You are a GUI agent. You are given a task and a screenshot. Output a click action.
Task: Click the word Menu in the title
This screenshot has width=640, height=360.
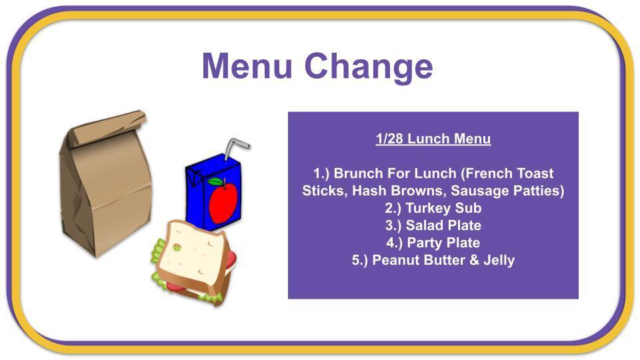[x=247, y=65]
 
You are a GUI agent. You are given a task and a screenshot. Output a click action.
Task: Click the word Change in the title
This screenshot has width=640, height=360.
[x=369, y=68]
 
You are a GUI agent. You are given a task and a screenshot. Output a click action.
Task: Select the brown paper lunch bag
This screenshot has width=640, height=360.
[x=105, y=184]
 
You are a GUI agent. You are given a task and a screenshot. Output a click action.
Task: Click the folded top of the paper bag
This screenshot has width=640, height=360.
[x=108, y=127]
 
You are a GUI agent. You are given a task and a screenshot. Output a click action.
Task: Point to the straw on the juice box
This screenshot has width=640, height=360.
[x=235, y=149]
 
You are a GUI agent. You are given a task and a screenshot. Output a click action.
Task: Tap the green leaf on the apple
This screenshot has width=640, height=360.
[x=215, y=181]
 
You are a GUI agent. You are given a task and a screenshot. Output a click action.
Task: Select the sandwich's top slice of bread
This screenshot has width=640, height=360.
[x=191, y=254]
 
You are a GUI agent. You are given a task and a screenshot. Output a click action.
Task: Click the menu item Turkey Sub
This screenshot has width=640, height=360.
[x=433, y=208]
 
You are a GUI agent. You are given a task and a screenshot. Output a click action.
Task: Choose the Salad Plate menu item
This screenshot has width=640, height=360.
[x=433, y=225]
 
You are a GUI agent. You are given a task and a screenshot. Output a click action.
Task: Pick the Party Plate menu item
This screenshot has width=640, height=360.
[x=433, y=243]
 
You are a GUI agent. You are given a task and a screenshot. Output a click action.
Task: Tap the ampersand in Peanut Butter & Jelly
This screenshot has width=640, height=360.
[x=474, y=260]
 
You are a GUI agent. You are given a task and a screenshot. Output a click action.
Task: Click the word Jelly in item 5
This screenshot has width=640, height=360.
[x=499, y=261]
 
